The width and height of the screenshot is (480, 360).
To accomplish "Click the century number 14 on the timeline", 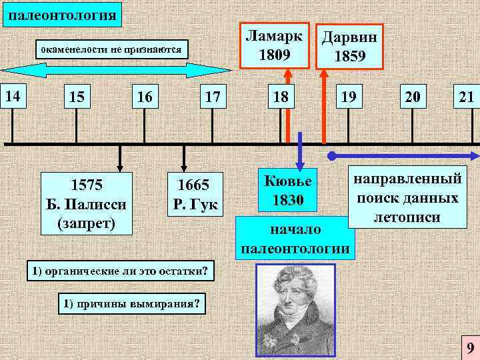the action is (x=11, y=97).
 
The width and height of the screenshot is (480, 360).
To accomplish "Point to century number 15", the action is (x=77, y=98).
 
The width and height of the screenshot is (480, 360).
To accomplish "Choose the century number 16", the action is (x=145, y=98).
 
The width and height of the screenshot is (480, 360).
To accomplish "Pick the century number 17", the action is (x=212, y=98).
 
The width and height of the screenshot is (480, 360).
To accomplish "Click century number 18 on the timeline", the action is (x=281, y=98).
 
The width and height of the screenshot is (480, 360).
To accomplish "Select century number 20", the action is (x=412, y=98).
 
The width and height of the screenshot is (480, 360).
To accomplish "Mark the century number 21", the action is (x=466, y=98).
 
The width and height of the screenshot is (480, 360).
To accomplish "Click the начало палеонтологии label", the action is (x=295, y=239).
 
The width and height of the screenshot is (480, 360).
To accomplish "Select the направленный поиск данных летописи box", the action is (x=407, y=198).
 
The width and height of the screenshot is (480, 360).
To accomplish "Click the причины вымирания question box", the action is (x=132, y=304).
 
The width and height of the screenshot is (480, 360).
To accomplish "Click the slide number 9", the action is (x=470, y=348).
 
